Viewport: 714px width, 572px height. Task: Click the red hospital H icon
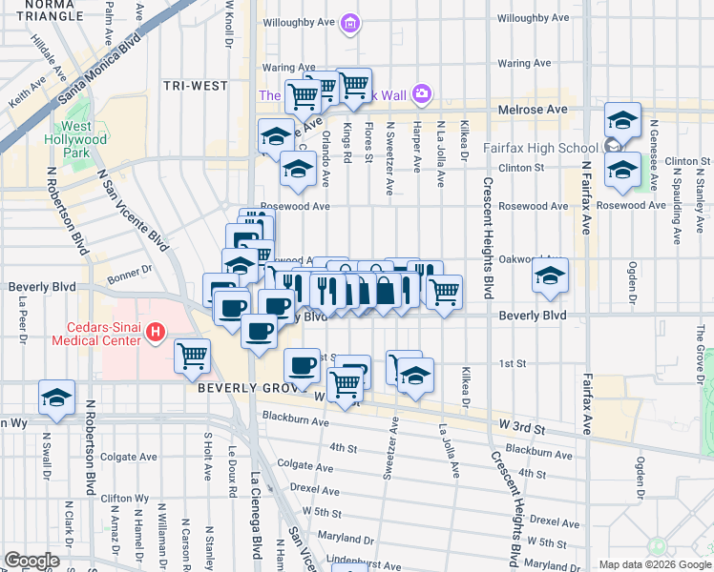(x=154, y=334)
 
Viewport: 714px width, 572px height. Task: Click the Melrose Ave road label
(x=533, y=111)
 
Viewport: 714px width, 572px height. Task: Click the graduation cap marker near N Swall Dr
(x=56, y=398)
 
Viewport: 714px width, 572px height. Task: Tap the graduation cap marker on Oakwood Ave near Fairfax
(x=550, y=276)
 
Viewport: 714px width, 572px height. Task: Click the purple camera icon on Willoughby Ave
(x=350, y=23)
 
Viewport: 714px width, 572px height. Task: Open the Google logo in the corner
(x=31, y=561)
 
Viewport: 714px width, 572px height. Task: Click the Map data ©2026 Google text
(x=654, y=564)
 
